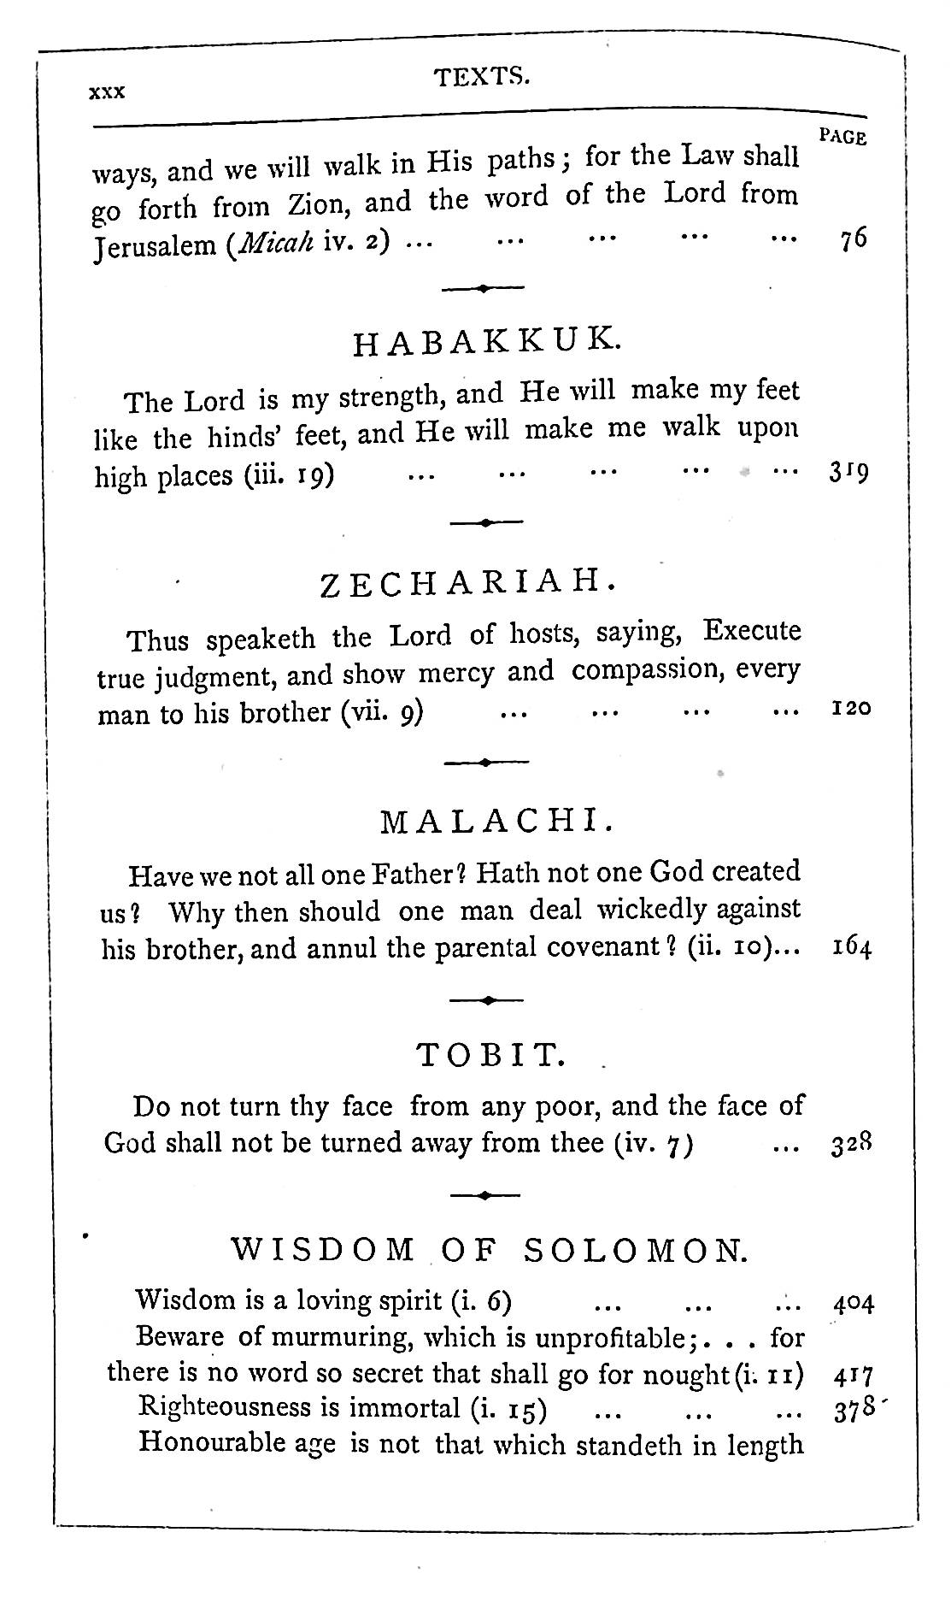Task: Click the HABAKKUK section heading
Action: tap(483, 343)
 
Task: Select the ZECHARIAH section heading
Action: tap(467, 584)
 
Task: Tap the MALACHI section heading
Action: tap(496, 822)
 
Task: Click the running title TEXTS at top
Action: tap(482, 78)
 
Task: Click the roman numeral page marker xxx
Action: tap(107, 92)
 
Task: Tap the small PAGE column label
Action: tap(842, 137)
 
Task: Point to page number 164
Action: tap(851, 948)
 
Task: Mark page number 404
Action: tap(852, 1304)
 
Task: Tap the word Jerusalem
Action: tap(155, 247)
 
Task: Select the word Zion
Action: tap(319, 205)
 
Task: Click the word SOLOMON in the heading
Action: tap(636, 1252)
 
